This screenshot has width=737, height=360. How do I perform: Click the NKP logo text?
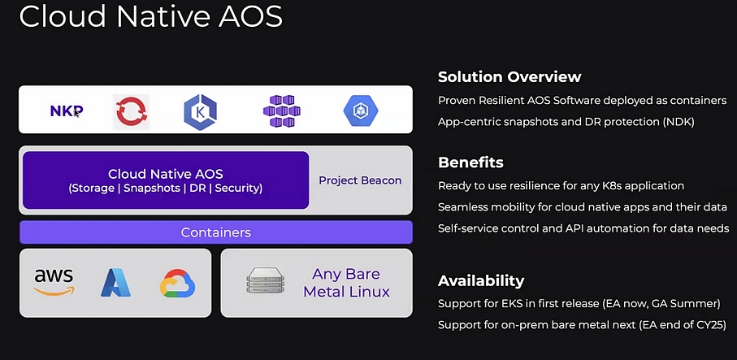pos(67,111)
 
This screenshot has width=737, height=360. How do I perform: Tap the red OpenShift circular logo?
pos(131,111)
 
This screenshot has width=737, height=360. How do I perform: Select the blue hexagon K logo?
pos(200,111)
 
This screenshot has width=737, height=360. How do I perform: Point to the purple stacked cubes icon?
pos(281,111)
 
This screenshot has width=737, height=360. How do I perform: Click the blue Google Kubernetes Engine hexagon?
pos(361,111)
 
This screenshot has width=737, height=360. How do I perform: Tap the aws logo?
pos(54,282)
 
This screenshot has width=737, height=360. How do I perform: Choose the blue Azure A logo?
pos(115,283)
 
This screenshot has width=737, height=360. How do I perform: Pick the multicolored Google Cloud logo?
pos(177,284)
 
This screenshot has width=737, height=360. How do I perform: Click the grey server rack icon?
pos(266,280)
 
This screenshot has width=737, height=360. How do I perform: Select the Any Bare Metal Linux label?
pos(346,283)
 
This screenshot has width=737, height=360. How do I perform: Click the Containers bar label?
pos(216,232)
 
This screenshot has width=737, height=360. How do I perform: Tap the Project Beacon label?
pos(360,180)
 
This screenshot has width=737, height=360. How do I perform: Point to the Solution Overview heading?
pos(509,76)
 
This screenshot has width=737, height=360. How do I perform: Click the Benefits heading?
pos(470,163)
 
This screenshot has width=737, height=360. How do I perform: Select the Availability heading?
pos(481,281)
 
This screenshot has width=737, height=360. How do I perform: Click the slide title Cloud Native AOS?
pos(151,16)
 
